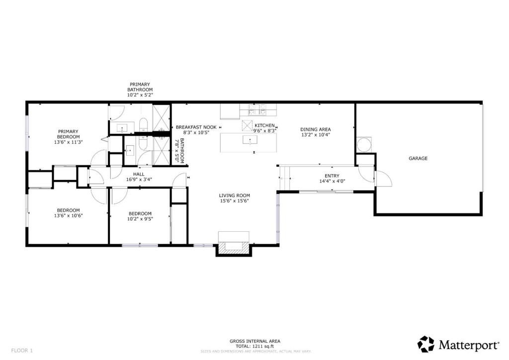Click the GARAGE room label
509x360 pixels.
[x=418, y=159]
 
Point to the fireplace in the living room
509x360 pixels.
[x=233, y=245]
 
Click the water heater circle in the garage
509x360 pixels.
[x=364, y=145]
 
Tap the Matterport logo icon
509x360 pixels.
[x=425, y=344]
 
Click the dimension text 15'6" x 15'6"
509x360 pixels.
[x=234, y=201]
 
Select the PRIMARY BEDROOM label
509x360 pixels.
[x=68, y=134]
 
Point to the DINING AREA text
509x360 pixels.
[x=316, y=129]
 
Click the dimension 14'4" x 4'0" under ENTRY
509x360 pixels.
[x=332, y=181]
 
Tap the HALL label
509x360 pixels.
[x=139, y=175]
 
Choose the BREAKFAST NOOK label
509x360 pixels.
[x=196, y=127]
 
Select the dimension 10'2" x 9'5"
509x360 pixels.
[x=140, y=218]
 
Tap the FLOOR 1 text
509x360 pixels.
[x=22, y=351]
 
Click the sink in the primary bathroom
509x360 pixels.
[x=123, y=128]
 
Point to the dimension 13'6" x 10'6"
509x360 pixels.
[x=68, y=216]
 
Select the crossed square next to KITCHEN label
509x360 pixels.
[x=247, y=125]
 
